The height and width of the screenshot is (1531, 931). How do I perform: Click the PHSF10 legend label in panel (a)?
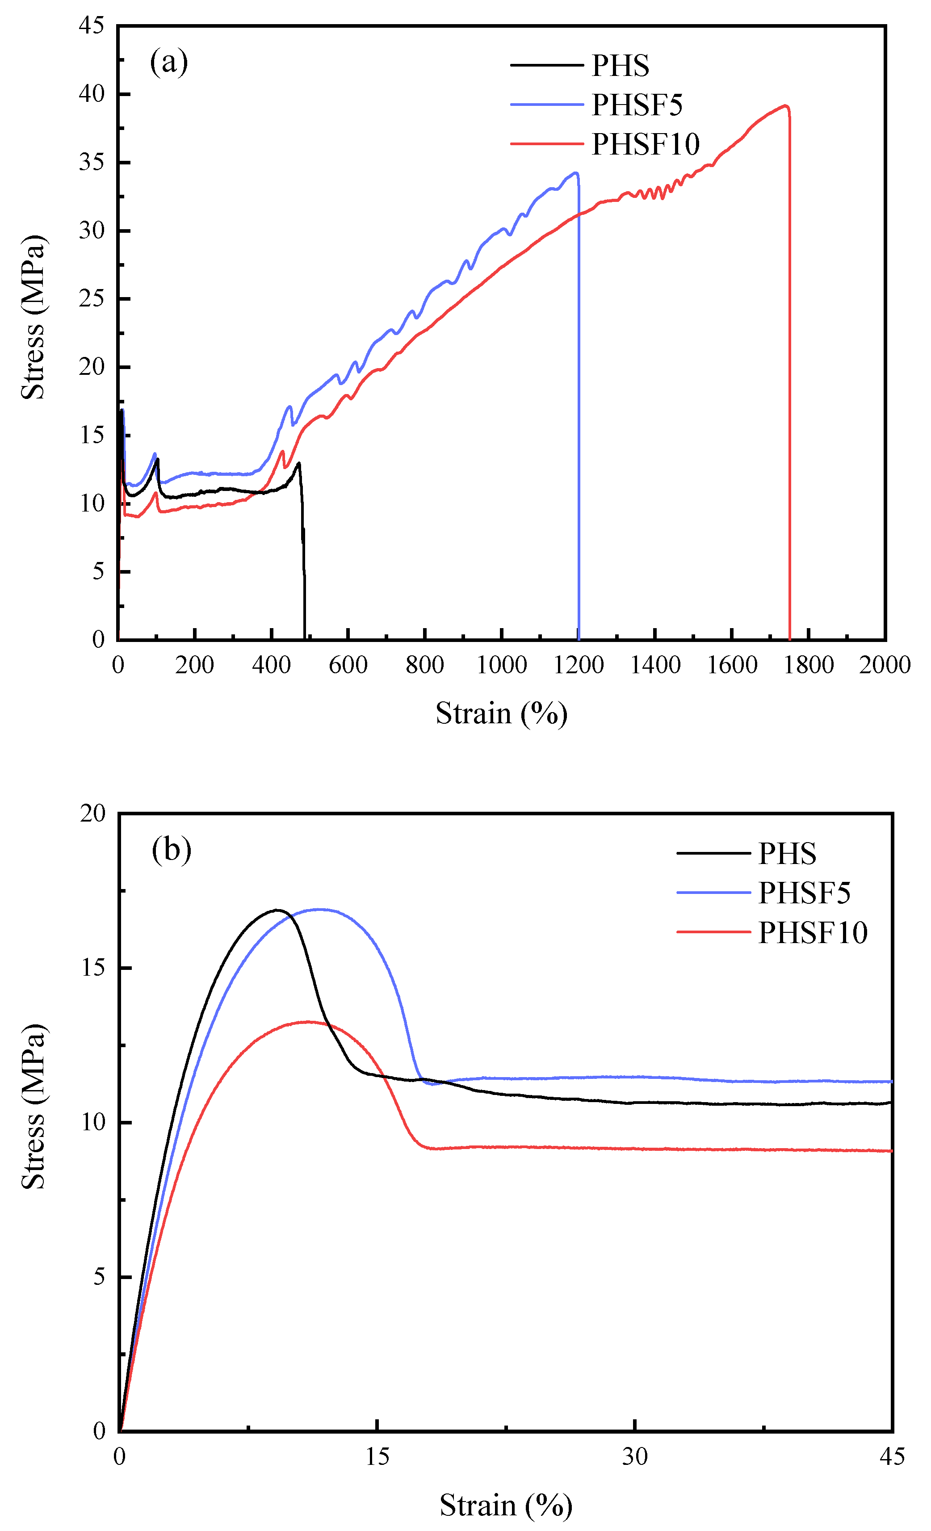[645, 144]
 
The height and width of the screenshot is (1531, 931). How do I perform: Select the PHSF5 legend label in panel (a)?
[637, 105]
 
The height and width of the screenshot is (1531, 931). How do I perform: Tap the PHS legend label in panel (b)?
[787, 853]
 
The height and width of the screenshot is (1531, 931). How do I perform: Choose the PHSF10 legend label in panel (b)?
[812, 932]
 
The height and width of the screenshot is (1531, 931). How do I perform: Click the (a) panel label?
[168, 62]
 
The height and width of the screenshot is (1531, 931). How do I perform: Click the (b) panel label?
[171, 849]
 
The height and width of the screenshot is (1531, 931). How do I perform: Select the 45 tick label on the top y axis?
[92, 25]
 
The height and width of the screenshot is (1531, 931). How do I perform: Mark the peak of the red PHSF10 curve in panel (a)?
[785, 105]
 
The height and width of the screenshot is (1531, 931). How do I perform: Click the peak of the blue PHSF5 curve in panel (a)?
[576, 173]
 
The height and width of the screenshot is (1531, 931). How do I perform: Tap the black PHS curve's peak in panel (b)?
[277, 910]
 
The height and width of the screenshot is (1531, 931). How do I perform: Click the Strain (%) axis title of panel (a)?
[501, 713]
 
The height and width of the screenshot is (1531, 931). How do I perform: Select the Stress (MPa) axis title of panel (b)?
[34, 1106]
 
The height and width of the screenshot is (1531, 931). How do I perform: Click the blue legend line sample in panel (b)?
[713, 892]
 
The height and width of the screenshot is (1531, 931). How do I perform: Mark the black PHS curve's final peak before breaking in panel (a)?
[299, 463]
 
